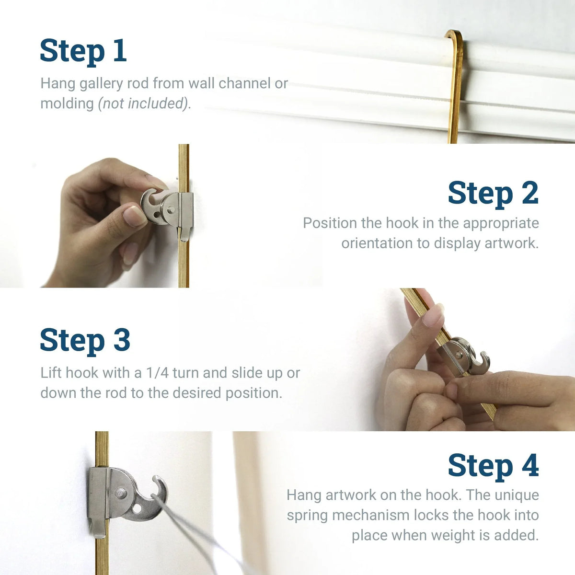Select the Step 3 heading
[85, 340]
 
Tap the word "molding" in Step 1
[67, 103]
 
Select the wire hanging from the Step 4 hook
[187, 532]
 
